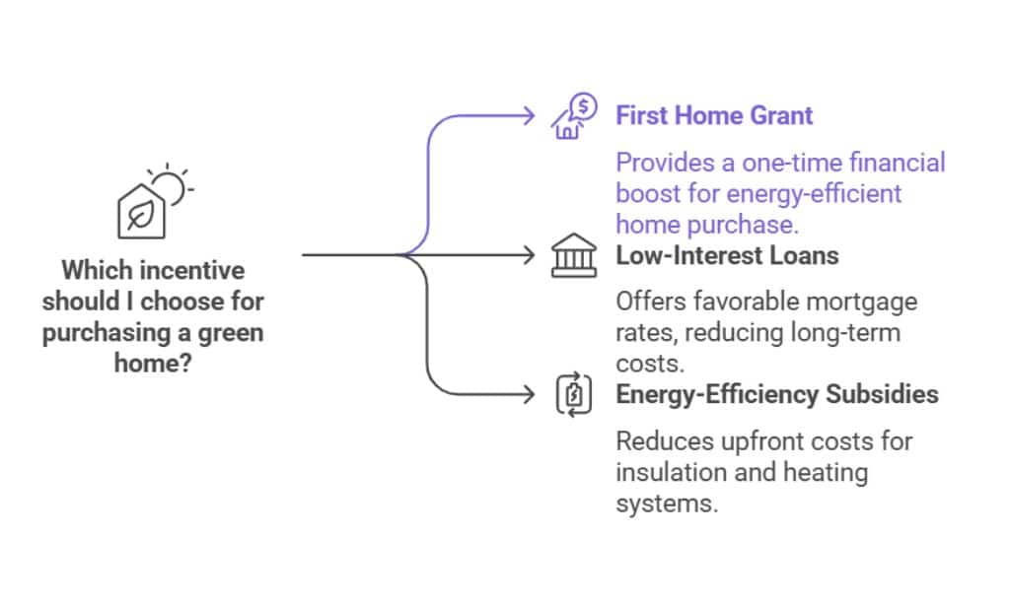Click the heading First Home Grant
click(714, 115)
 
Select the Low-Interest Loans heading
click(727, 255)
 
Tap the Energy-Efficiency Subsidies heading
click(777, 395)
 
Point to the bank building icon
click(573, 256)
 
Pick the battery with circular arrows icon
click(573, 396)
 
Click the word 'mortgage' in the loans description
click(858, 302)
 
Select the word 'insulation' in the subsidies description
click(668, 472)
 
